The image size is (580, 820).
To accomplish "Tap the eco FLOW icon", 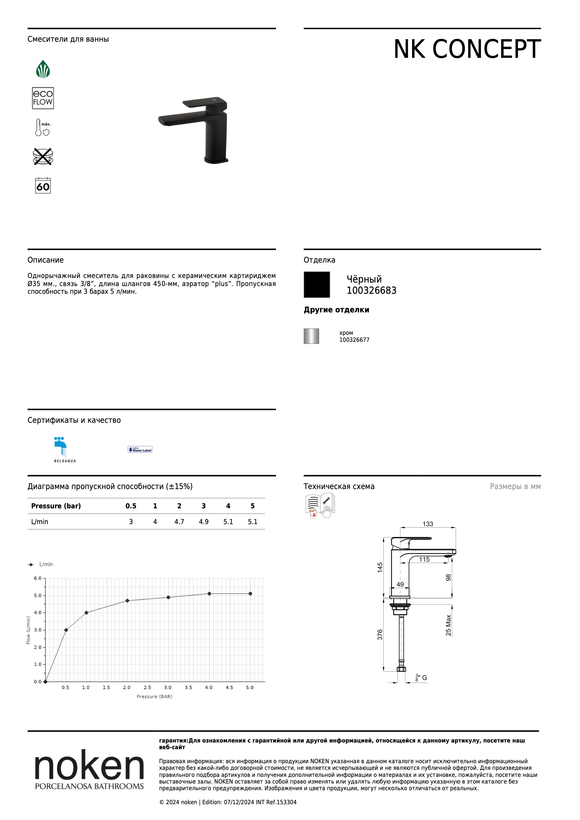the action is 43,98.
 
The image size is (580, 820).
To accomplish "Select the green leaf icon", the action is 43,69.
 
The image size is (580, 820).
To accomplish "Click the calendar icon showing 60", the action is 43,185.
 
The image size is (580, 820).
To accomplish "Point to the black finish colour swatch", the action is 317,285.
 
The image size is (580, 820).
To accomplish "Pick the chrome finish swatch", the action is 311,336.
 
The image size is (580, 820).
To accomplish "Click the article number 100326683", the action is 371,290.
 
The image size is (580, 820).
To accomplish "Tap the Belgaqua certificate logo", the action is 65,450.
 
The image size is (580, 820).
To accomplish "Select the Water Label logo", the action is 140,450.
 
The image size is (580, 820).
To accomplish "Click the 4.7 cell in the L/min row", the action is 179,522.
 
